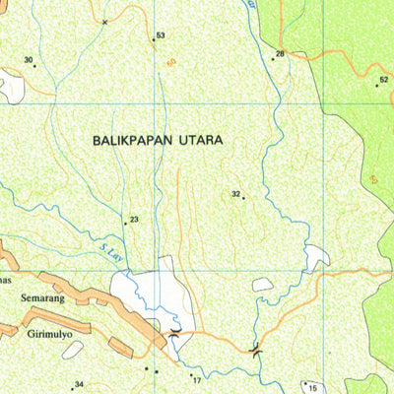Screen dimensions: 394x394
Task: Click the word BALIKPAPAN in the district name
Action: pyautogui.click(x=131, y=141)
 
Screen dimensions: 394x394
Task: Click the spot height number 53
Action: pyautogui.click(x=160, y=36)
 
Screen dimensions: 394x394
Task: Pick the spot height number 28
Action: pyautogui.click(x=281, y=54)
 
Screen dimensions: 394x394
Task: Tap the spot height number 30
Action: pyautogui.click(x=29, y=61)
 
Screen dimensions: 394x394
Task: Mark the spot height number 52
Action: pyautogui.click(x=383, y=79)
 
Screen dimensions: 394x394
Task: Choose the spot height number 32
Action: pyautogui.click(x=236, y=194)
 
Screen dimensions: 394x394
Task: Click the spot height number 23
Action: pyautogui.click(x=134, y=220)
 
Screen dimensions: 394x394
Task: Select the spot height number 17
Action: pyautogui.click(x=197, y=380)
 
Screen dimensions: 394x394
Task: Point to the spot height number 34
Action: pyautogui.click(x=80, y=384)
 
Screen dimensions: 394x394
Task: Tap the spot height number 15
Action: pyautogui.click(x=312, y=388)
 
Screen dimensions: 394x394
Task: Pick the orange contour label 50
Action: pyautogui.click(x=171, y=62)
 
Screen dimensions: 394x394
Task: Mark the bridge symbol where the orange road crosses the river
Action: pyautogui.click(x=256, y=348)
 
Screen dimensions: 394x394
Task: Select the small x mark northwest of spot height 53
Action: pyautogui.click(x=104, y=20)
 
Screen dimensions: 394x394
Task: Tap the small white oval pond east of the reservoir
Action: pyautogui.click(x=263, y=285)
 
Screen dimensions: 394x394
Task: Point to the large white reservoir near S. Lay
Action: pyautogui.click(x=148, y=295)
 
